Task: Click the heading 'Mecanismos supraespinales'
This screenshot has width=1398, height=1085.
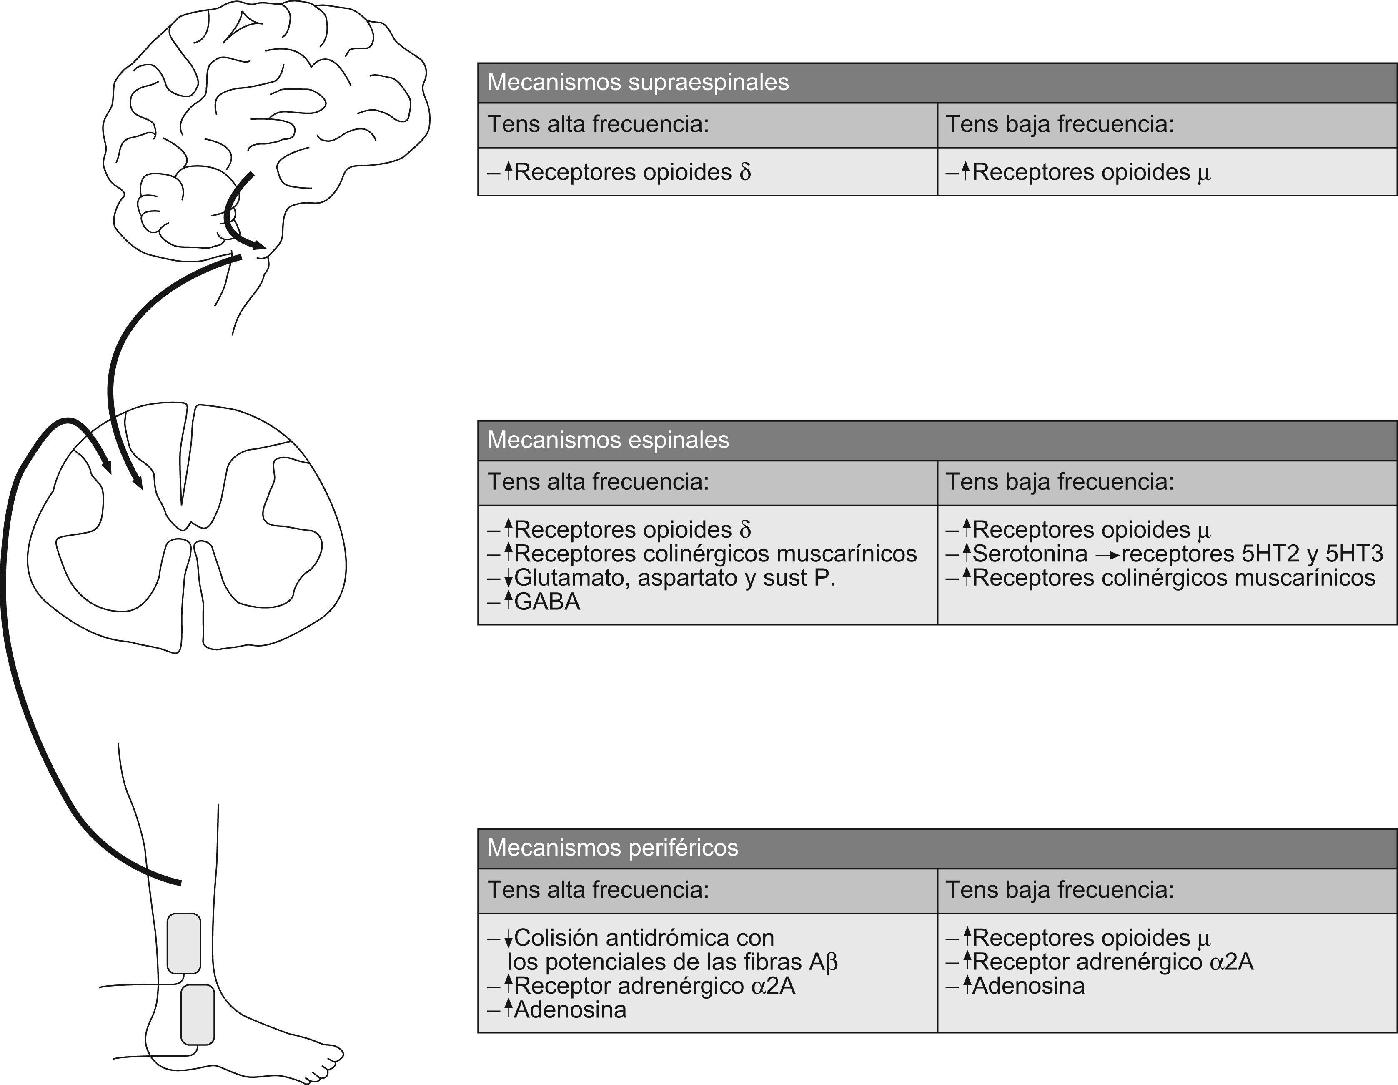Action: click(638, 83)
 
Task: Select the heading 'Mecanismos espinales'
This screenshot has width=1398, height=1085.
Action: click(608, 440)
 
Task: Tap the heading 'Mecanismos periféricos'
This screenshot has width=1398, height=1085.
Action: click(613, 848)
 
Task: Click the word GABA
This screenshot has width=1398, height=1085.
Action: click(547, 602)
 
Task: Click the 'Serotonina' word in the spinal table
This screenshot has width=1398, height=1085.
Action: click(1029, 554)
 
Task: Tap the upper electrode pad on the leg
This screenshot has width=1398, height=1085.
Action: click(184, 944)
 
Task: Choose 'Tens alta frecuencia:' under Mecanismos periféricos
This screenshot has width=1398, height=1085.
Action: click(598, 890)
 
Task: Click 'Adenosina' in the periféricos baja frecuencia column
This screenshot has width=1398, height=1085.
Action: click(1028, 986)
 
